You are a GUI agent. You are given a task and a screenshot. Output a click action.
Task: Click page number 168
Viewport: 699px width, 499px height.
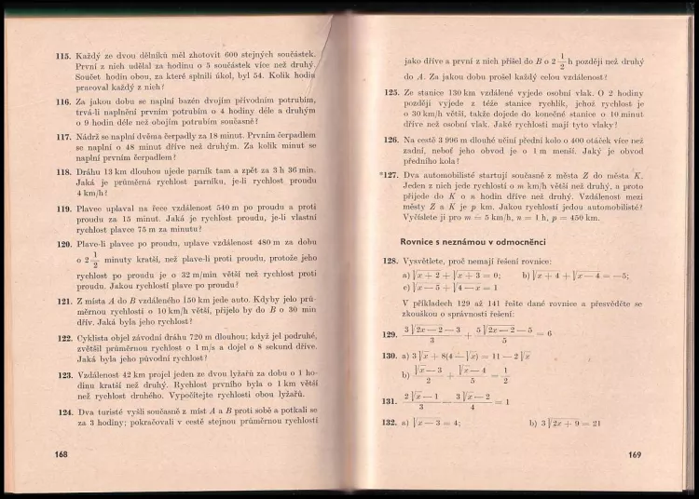point(63,454)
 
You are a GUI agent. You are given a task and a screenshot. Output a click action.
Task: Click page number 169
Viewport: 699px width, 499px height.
point(634,455)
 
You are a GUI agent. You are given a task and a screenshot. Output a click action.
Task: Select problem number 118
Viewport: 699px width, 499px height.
point(63,171)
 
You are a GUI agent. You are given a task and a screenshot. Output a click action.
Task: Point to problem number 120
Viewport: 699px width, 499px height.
point(63,244)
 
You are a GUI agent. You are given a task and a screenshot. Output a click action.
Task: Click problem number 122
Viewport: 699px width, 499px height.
point(63,338)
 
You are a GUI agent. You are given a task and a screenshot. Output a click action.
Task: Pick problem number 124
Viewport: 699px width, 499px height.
point(63,411)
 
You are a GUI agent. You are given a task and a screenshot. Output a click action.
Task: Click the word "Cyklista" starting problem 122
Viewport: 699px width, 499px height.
point(93,338)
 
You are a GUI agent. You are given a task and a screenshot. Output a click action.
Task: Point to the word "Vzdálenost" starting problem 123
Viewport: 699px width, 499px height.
point(102,374)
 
